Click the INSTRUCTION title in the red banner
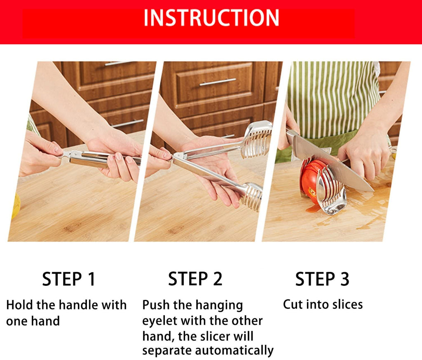point(211,18)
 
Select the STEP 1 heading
point(68,279)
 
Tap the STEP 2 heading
point(195,279)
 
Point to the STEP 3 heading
point(322,279)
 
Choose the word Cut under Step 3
point(293,305)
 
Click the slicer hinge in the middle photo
point(179,157)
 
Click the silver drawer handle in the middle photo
point(218,82)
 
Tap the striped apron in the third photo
point(330,99)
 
